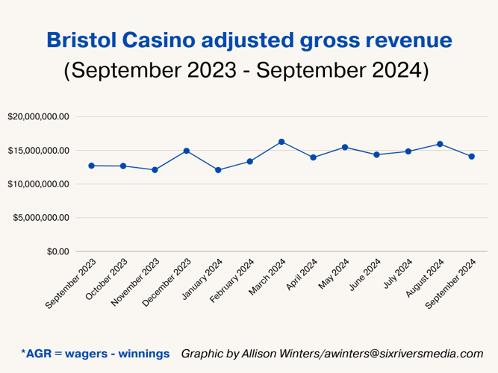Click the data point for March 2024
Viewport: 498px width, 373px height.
tap(281, 142)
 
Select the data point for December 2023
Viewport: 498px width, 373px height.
tap(187, 151)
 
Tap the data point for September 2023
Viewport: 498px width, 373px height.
tap(91, 166)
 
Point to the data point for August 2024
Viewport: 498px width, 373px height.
tap(440, 144)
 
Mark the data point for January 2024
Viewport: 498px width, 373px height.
tap(218, 170)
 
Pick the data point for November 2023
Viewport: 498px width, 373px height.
tap(155, 170)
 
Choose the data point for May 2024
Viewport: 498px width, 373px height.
tap(345, 147)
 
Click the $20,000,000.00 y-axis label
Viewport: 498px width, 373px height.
tap(38, 117)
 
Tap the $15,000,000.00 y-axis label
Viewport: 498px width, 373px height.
tap(38, 151)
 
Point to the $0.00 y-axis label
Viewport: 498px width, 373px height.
tap(57, 251)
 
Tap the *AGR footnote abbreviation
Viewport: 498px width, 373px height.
tap(38, 353)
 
